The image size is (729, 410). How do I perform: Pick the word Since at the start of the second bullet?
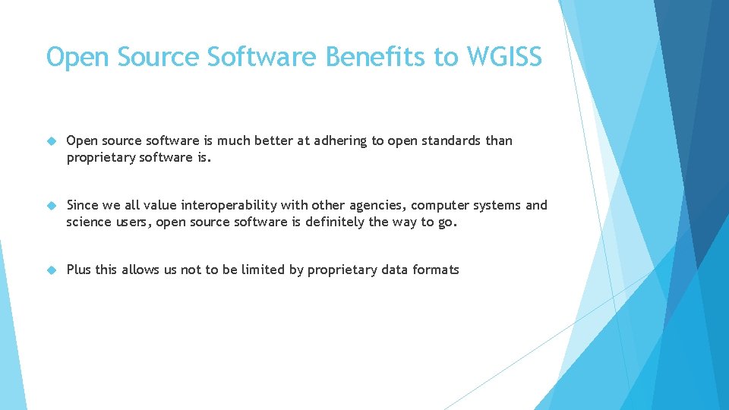(x=84, y=205)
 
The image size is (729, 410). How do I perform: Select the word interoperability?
(x=229, y=205)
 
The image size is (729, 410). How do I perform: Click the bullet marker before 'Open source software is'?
(x=52, y=141)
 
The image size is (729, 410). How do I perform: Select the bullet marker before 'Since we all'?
(x=52, y=206)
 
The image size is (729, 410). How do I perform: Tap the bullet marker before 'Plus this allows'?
(x=52, y=270)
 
